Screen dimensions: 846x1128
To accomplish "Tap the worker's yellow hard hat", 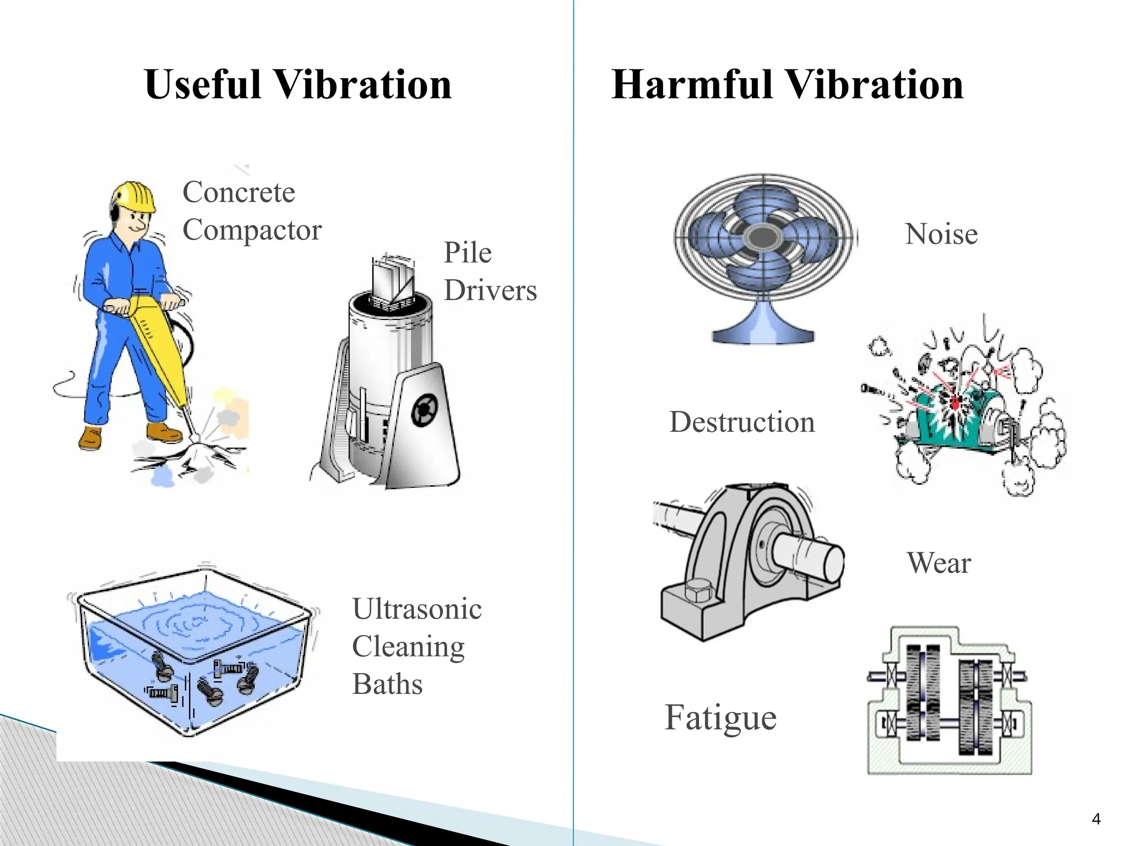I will (134, 197).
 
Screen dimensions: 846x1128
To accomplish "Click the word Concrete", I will (238, 192).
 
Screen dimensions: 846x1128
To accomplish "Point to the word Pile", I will (467, 253).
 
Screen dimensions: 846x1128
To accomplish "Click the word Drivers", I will (490, 290).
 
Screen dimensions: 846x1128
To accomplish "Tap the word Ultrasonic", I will (417, 609).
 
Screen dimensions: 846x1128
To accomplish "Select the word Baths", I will (387, 684).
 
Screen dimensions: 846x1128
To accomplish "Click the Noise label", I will (941, 234).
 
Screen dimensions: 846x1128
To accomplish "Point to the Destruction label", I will (741, 422).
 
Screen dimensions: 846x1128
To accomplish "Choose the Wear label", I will (939, 563).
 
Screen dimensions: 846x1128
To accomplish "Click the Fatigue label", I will (720, 717).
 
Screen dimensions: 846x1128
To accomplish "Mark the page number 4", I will (1096, 819).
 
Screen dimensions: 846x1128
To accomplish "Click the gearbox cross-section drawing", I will (948, 701).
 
